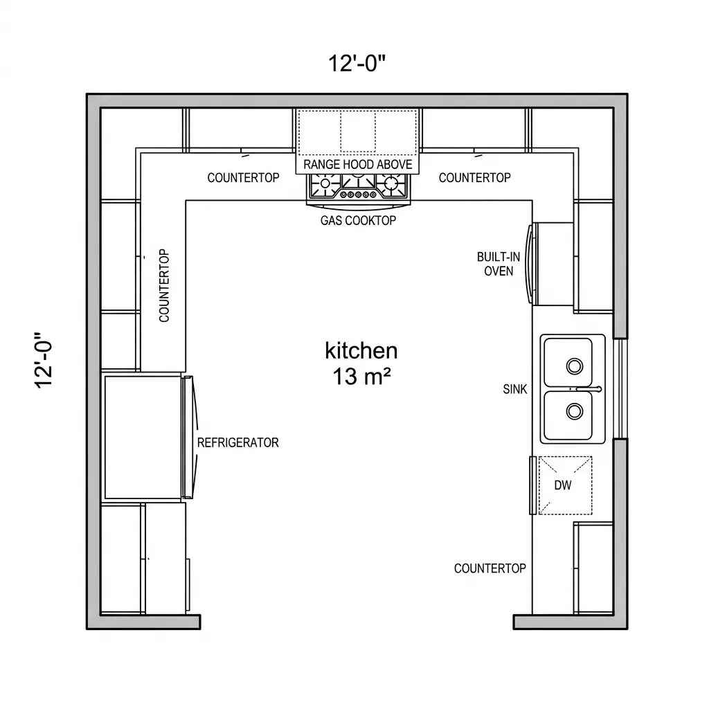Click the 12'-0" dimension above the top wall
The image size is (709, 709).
(357, 63)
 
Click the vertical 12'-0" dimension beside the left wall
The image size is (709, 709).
(44, 360)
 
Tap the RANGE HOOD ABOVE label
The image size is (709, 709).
(358, 164)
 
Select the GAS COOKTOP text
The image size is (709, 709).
(358, 220)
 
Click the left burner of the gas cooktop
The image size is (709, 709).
(325, 183)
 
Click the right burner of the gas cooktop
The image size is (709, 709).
(391, 183)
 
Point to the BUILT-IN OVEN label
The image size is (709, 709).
(499, 264)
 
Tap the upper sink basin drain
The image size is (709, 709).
(574, 366)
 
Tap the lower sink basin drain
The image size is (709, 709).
(574, 411)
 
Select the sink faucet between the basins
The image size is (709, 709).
(588, 388)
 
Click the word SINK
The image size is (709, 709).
(514, 389)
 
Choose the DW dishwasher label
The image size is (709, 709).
(562, 485)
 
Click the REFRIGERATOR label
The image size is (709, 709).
(238, 442)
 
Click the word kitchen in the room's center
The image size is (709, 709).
(361, 350)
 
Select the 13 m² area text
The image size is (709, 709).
(361, 376)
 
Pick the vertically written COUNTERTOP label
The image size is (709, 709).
(164, 285)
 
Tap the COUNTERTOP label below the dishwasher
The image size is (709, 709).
(490, 568)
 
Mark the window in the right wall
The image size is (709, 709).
(620, 388)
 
